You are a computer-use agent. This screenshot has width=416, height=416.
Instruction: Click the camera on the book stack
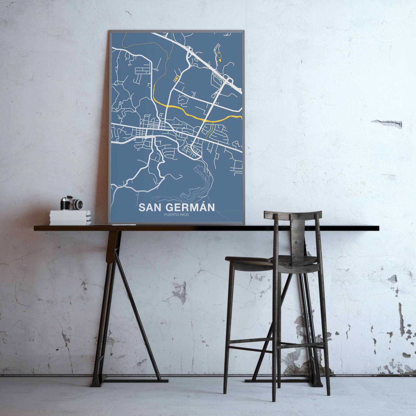click(x=71, y=203)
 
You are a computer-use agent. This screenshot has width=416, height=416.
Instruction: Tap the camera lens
click(x=78, y=204)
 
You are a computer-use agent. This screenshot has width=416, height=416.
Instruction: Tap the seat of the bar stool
click(x=272, y=261)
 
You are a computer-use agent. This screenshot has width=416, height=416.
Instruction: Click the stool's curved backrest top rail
click(x=293, y=215)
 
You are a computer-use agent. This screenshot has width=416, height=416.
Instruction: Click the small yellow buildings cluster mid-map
click(x=177, y=78)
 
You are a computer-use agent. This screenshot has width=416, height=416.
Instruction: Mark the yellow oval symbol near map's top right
click(x=219, y=55)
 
